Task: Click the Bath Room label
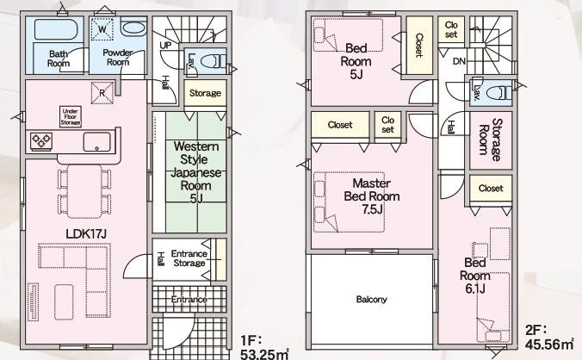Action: (59, 58)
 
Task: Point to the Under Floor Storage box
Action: (70, 116)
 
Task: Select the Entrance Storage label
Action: (189, 258)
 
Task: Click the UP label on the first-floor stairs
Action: (165, 45)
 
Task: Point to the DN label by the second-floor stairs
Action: (460, 62)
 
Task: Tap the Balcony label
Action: (371, 300)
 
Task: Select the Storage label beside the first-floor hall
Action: (204, 93)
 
